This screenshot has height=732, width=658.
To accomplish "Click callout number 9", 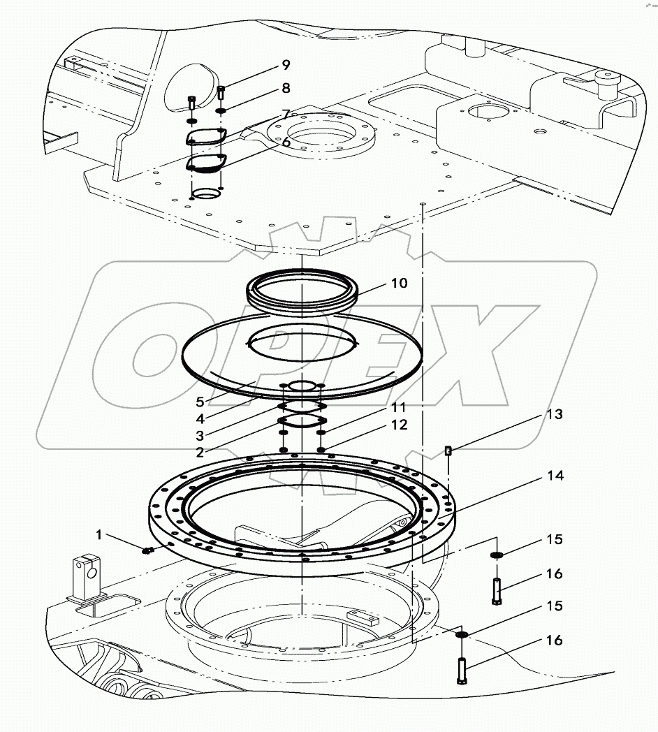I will click(x=286, y=65).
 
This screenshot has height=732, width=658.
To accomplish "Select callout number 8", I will click(x=286, y=89).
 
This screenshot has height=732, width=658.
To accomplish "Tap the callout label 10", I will click(x=400, y=284).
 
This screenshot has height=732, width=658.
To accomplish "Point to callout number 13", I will click(x=554, y=415).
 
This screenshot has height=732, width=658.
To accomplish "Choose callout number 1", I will click(x=99, y=535).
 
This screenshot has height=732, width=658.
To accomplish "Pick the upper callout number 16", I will click(x=554, y=574).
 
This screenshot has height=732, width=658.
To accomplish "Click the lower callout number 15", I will click(x=554, y=606).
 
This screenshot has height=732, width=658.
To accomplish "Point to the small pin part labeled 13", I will click(x=448, y=451).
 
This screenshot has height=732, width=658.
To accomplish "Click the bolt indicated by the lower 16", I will click(x=462, y=671).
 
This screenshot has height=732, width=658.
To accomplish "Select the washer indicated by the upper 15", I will click(x=497, y=555).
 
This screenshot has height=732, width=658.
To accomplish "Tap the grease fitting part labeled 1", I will click(x=147, y=550).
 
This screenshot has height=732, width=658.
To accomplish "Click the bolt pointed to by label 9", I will click(x=221, y=91).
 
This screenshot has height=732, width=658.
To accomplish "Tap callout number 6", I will click(x=286, y=141).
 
